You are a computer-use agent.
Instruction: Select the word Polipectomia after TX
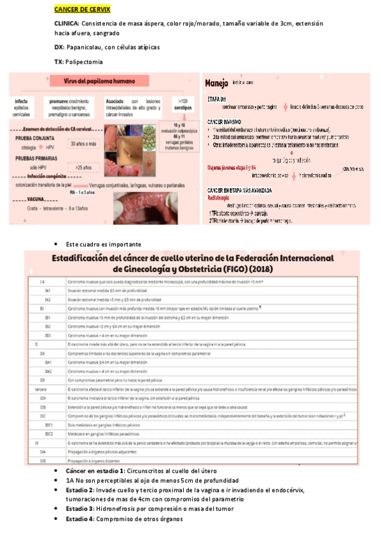[84, 62]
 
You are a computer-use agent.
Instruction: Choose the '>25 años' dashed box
[83, 167]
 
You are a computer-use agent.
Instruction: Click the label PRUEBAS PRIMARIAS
[38, 157]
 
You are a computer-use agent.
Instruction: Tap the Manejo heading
[216, 83]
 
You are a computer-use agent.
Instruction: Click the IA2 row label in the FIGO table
[48, 299]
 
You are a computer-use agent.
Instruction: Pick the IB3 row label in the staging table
[48, 334]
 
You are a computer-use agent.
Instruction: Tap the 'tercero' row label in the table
[41, 388]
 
